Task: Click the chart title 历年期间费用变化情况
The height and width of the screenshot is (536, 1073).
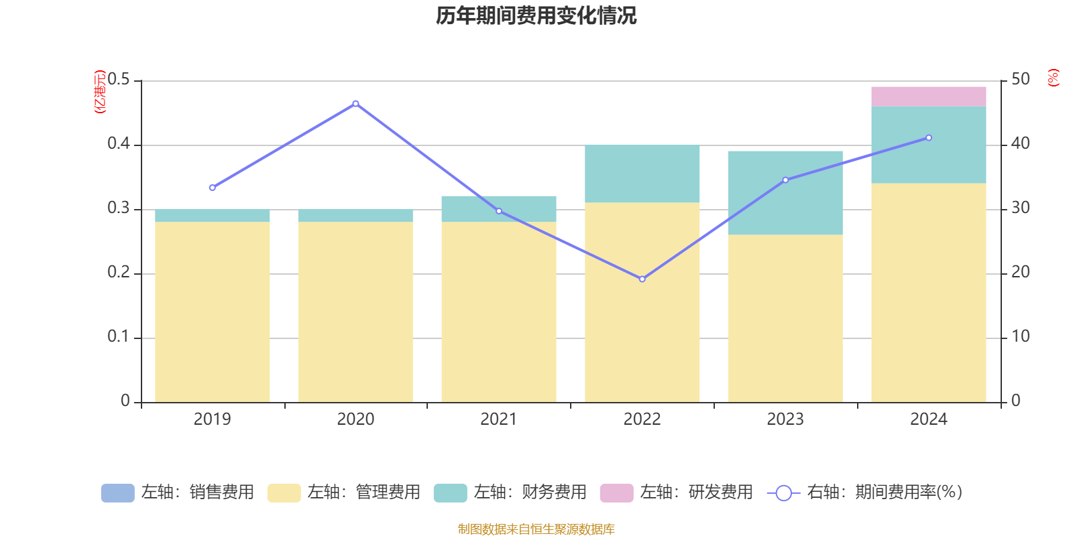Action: point(536,16)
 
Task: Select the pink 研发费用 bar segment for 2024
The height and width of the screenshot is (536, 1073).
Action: point(928,96)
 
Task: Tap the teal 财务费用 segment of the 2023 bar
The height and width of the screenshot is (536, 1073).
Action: point(785,193)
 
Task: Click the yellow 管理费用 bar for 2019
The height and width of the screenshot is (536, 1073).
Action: point(212,312)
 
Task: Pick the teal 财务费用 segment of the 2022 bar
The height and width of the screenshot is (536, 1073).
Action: point(642,174)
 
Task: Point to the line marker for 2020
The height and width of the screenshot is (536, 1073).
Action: point(355,104)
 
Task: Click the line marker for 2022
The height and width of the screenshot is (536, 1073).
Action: point(642,279)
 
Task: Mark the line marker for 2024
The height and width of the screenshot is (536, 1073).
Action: point(929,138)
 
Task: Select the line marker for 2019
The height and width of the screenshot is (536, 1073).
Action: point(212,188)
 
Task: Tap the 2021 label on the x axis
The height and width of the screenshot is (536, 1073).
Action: point(498,419)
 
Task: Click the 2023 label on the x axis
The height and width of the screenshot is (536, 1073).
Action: point(785,419)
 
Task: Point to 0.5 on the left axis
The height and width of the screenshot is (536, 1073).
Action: point(119,80)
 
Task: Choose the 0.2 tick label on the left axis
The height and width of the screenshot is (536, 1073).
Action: point(119,273)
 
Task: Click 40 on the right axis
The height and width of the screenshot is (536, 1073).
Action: point(1020,143)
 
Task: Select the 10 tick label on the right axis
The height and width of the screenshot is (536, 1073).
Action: point(1020,336)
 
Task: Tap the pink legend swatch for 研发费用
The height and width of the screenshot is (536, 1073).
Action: point(616,493)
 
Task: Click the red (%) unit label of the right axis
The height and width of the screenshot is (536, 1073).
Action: point(1053,78)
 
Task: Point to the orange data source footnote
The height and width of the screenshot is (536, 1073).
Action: point(536,529)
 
